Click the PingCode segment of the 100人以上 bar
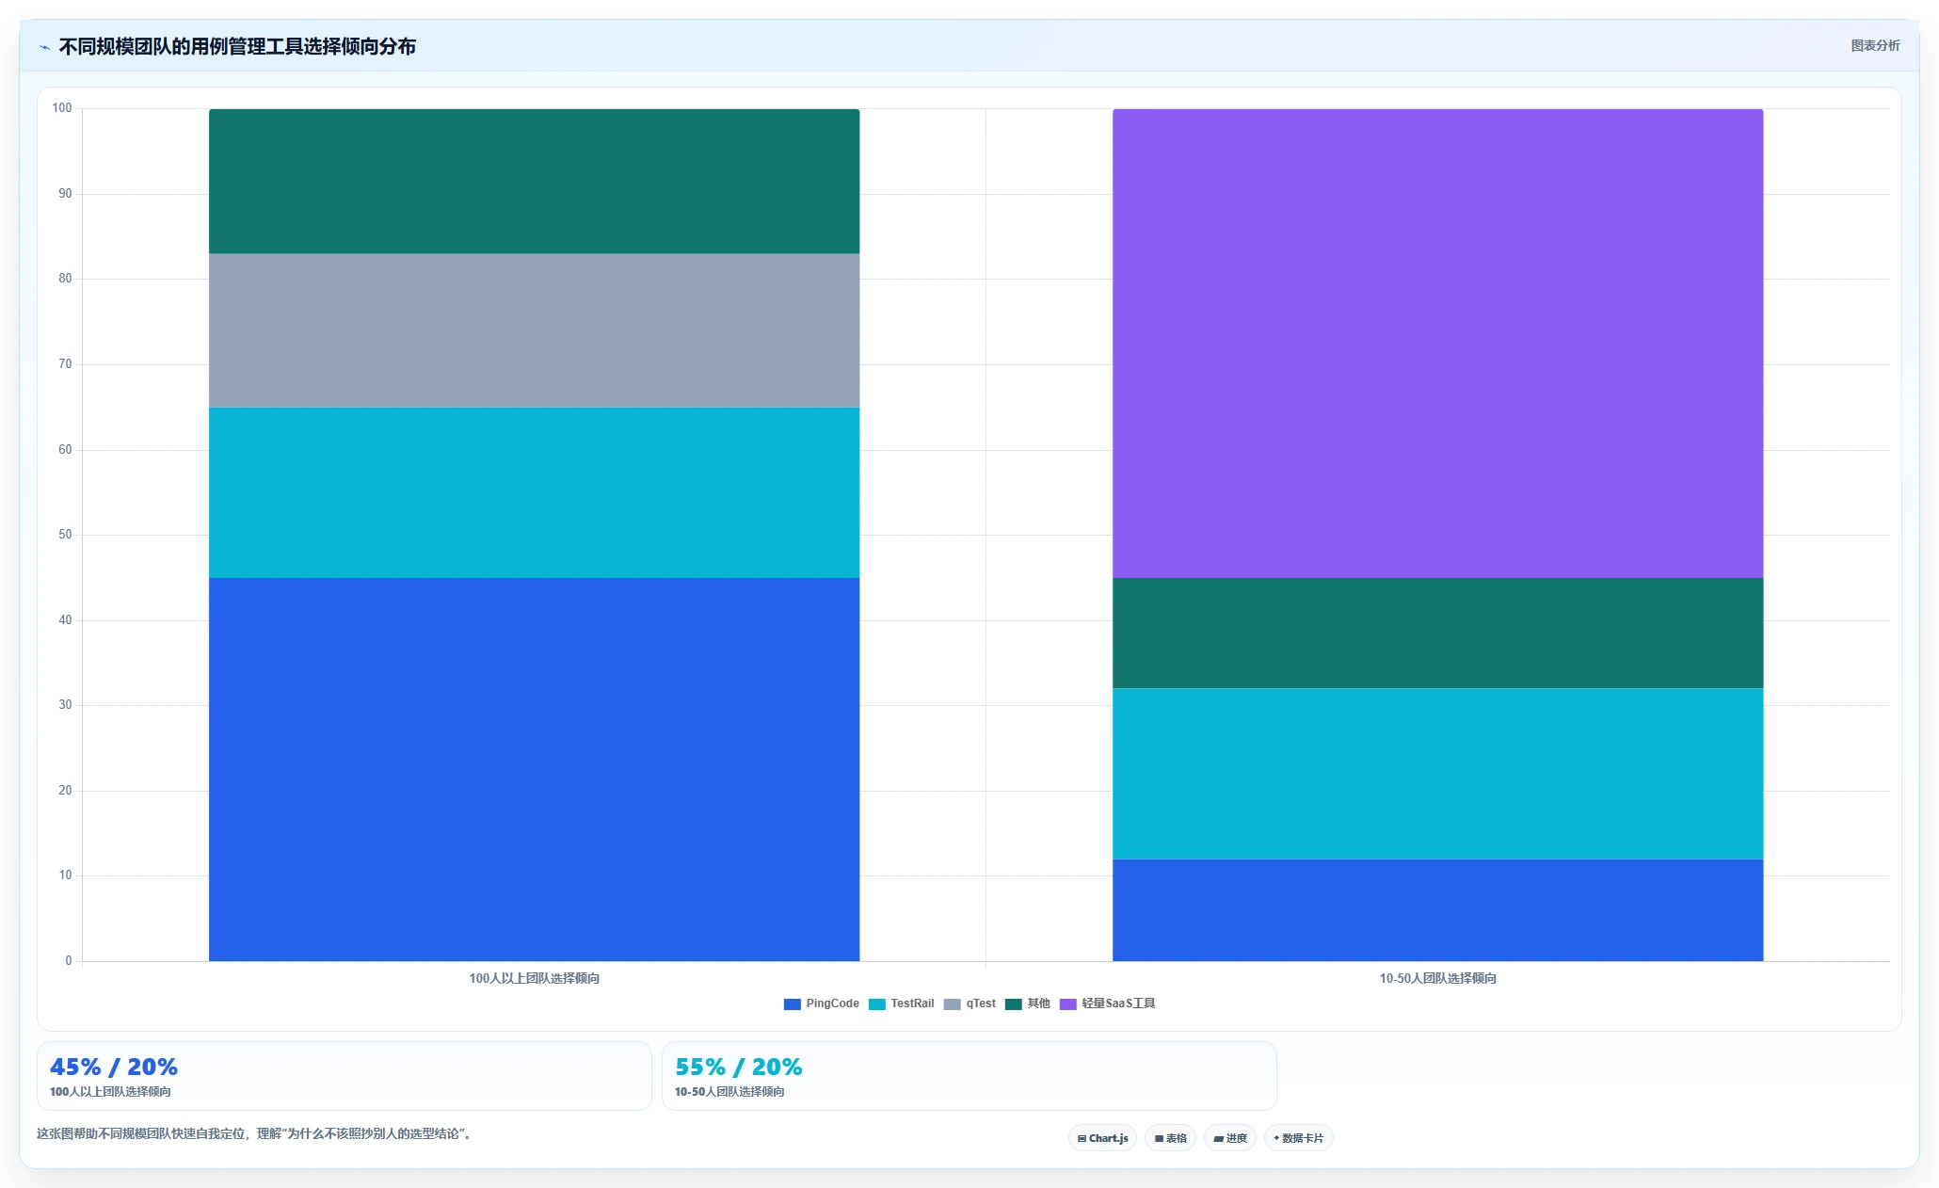534,769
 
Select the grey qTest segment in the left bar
534,330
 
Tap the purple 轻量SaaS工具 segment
1437,344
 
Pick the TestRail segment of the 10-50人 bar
1437,774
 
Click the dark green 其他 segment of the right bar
1437,633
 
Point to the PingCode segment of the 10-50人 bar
1437,910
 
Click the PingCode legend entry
821,1003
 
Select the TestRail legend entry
901,1003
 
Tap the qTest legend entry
969,1003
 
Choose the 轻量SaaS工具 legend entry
1107,1003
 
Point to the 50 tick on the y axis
65,535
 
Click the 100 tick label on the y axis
62,108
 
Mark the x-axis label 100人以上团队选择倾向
534,979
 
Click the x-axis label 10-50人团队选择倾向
1437,979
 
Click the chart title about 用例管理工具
237,47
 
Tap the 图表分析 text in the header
1875,46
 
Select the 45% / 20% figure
114,1068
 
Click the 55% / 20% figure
739,1068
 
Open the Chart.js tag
1102,1138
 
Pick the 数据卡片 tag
1298,1138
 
